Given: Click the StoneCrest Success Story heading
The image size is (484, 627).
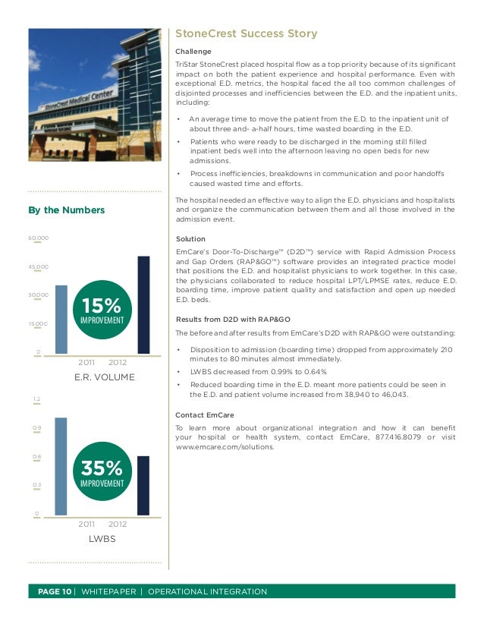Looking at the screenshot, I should [x=246, y=34].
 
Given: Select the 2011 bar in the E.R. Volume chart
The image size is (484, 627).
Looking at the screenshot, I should [x=61, y=319].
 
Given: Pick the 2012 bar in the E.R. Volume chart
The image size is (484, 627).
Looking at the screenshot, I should [x=143, y=304].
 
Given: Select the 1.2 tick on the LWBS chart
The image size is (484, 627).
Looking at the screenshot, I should [x=36, y=399].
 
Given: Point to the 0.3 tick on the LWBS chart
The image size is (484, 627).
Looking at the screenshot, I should [x=36, y=484].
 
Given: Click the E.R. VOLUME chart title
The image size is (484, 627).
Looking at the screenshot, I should [x=104, y=377].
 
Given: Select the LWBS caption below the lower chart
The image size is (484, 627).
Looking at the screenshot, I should [x=101, y=539].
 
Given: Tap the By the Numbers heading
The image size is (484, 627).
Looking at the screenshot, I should [x=67, y=210].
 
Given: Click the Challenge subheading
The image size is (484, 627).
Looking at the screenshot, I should [x=193, y=51].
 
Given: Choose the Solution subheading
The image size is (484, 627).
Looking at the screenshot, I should [x=190, y=239].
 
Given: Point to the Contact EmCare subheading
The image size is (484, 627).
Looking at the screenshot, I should [x=204, y=415].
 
